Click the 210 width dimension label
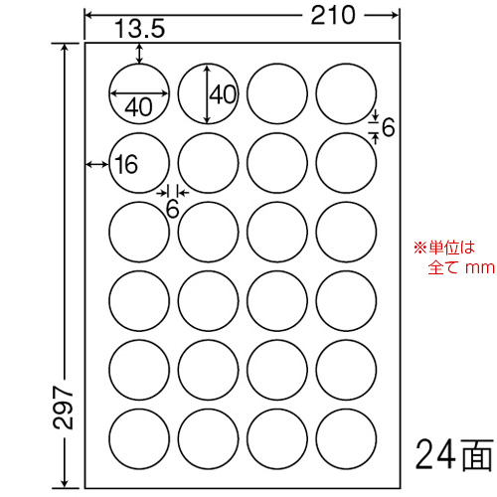333,15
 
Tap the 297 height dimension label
63,407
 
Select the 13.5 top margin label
140,29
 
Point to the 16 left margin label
126,164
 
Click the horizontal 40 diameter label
139,107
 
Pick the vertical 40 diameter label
224,94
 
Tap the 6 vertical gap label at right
389,127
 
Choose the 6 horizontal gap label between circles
172,209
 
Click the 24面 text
454,455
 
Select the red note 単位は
452,248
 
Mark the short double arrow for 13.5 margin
139,54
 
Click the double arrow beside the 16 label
97,164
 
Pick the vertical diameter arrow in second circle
208,93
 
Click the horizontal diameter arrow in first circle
139,93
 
